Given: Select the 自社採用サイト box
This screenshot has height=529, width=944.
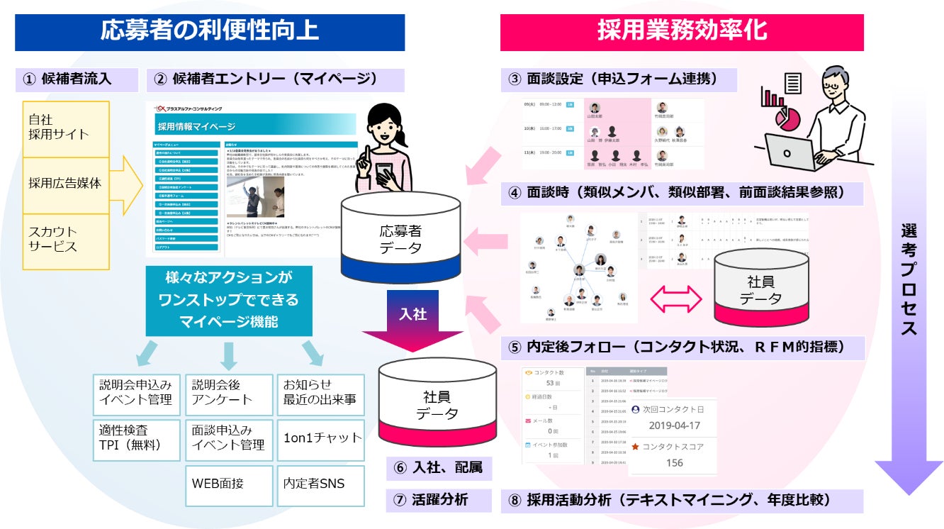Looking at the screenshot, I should [x=66, y=128].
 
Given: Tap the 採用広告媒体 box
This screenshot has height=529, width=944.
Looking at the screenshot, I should [x=66, y=183].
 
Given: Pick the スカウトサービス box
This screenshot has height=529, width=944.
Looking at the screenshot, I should [x=66, y=240].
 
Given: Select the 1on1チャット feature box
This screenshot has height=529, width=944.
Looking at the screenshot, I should [x=320, y=437].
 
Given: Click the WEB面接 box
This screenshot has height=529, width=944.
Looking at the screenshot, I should [x=228, y=484].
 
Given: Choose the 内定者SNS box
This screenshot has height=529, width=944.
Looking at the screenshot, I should [x=320, y=484].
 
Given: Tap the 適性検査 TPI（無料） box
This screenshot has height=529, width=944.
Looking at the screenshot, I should [x=137, y=437].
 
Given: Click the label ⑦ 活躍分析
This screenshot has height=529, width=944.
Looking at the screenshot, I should [x=439, y=499].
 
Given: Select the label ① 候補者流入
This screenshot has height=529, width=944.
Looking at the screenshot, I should [x=77, y=79].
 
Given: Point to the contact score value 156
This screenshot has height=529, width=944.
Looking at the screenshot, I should [x=674, y=463].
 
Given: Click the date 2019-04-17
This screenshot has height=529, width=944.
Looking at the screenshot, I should [x=674, y=425].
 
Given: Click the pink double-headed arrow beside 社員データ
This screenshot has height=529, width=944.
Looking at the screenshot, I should [x=676, y=298].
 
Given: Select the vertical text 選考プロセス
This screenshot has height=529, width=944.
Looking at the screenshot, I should [x=909, y=279].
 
